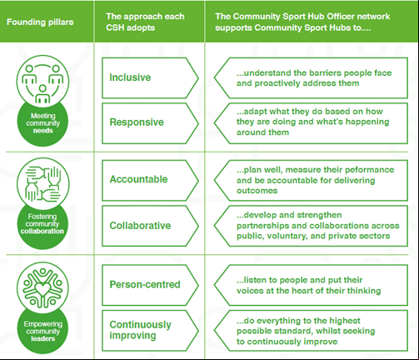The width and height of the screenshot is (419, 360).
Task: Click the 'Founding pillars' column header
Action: [40, 22]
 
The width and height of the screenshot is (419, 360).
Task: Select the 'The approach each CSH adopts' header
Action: [145, 22]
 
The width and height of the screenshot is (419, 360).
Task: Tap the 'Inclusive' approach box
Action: [150, 78]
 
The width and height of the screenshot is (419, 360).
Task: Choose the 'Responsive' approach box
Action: [150, 123]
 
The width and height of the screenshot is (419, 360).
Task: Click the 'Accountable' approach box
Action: [150, 180]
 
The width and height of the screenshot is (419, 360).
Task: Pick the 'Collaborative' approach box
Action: [150, 226]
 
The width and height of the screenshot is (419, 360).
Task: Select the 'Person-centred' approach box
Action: [150, 285]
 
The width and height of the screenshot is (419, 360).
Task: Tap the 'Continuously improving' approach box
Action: [150, 331]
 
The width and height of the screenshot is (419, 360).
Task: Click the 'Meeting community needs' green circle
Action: [42, 123]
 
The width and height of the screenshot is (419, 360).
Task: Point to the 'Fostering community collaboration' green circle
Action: [42, 225]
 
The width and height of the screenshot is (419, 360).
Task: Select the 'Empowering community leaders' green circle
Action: [42, 331]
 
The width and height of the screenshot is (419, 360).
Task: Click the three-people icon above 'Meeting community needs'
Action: [42, 82]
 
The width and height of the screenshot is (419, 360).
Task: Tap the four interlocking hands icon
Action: [42, 183]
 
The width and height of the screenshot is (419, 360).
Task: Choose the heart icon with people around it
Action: [42, 287]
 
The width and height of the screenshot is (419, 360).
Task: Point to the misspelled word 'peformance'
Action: [371, 170]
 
